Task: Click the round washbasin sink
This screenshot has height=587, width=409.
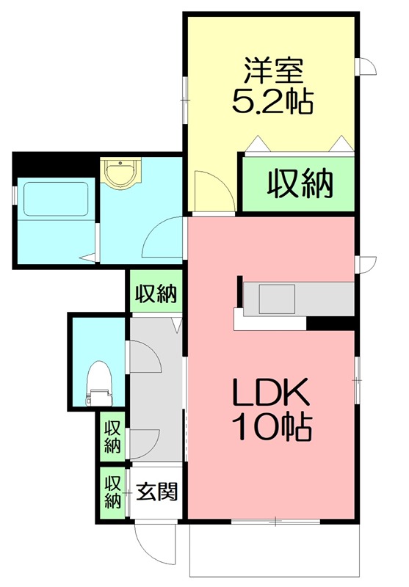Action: tap(118, 175)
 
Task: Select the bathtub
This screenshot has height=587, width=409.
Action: tap(55, 199)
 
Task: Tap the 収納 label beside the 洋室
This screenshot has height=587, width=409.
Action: tap(300, 183)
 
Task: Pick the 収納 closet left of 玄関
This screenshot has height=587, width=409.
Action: tap(112, 493)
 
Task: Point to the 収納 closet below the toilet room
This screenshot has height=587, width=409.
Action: tap(112, 437)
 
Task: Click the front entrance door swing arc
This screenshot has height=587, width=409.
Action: tap(147, 543)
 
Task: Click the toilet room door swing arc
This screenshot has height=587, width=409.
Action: tap(145, 360)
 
